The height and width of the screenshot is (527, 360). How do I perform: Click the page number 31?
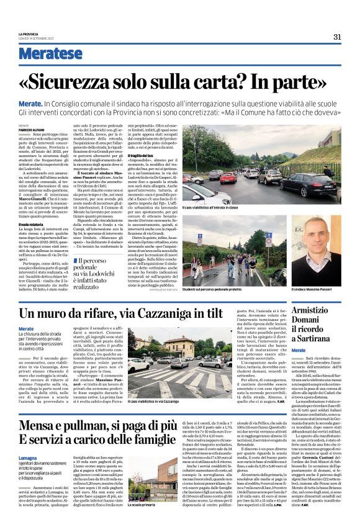337,37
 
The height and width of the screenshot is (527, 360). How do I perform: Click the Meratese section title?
51,53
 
